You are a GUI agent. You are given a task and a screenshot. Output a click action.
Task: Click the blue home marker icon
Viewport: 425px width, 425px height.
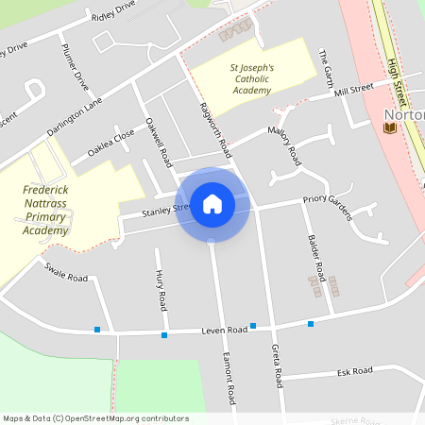pyautogui.click(x=212, y=203)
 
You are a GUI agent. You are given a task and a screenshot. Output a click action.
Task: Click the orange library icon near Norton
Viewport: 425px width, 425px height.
pyautogui.click(x=388, y=127)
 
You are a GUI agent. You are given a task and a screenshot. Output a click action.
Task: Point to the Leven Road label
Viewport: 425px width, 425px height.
pyautogui.click(x=224, y=330)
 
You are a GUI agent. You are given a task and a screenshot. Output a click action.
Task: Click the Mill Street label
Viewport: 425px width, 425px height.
pyautogui.click(x=354, y=90)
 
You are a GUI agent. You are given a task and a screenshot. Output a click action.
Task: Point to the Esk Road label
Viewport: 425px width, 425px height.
pyautogui.click(x=355, y=371)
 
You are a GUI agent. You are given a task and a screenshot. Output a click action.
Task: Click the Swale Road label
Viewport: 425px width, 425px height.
pyautogui.click(x=65, y=272)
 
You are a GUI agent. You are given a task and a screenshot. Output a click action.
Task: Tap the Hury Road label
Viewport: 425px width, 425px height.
pyautogui.click(x=161, y=289)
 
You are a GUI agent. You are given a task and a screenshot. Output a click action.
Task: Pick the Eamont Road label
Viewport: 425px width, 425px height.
pyautogui.click(x=227, y=374)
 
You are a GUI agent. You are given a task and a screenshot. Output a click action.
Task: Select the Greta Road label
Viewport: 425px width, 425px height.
pyautogui.click(x=277, y=365)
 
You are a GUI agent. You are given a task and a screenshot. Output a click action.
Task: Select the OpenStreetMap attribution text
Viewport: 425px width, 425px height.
pyautogui.click(x=95, y=417)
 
